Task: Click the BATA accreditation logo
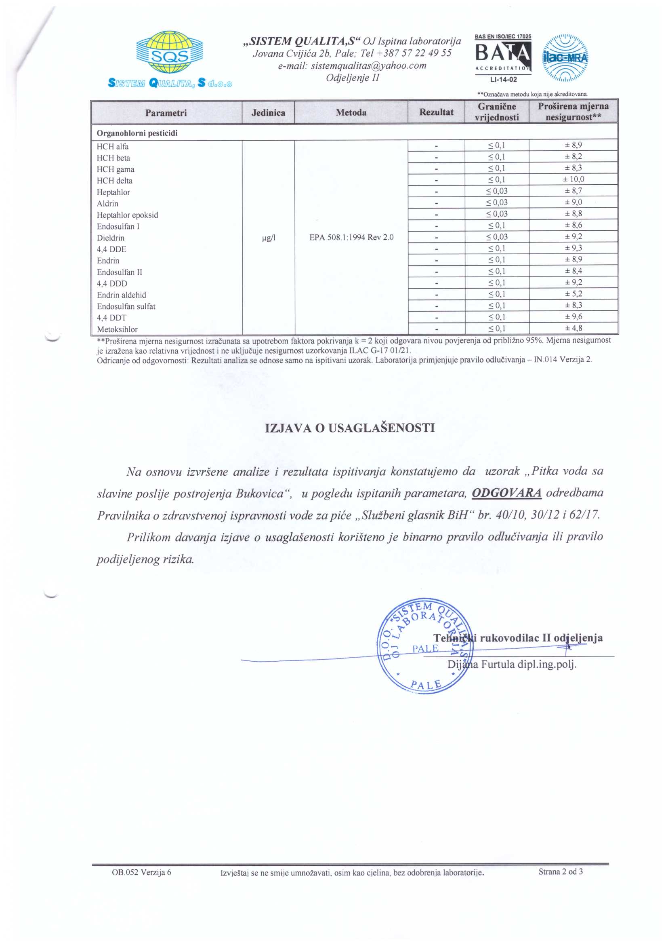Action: click(503, 58)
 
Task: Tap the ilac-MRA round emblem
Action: click(565, 58)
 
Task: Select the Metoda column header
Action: click(351, 112)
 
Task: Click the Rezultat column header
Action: click(436, 112)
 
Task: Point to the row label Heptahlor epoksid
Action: click(128, 215)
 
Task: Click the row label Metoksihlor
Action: click(117, 329)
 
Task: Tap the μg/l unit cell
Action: click(268, 238)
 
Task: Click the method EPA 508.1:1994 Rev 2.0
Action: click(351, 238)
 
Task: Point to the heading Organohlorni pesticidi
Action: click(137, 133)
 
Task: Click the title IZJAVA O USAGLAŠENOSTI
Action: click(350, 428)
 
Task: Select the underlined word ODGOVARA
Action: click(506, 493)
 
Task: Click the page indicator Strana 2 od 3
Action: click(560, 871)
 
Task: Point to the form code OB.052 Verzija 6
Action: click(141, 872)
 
